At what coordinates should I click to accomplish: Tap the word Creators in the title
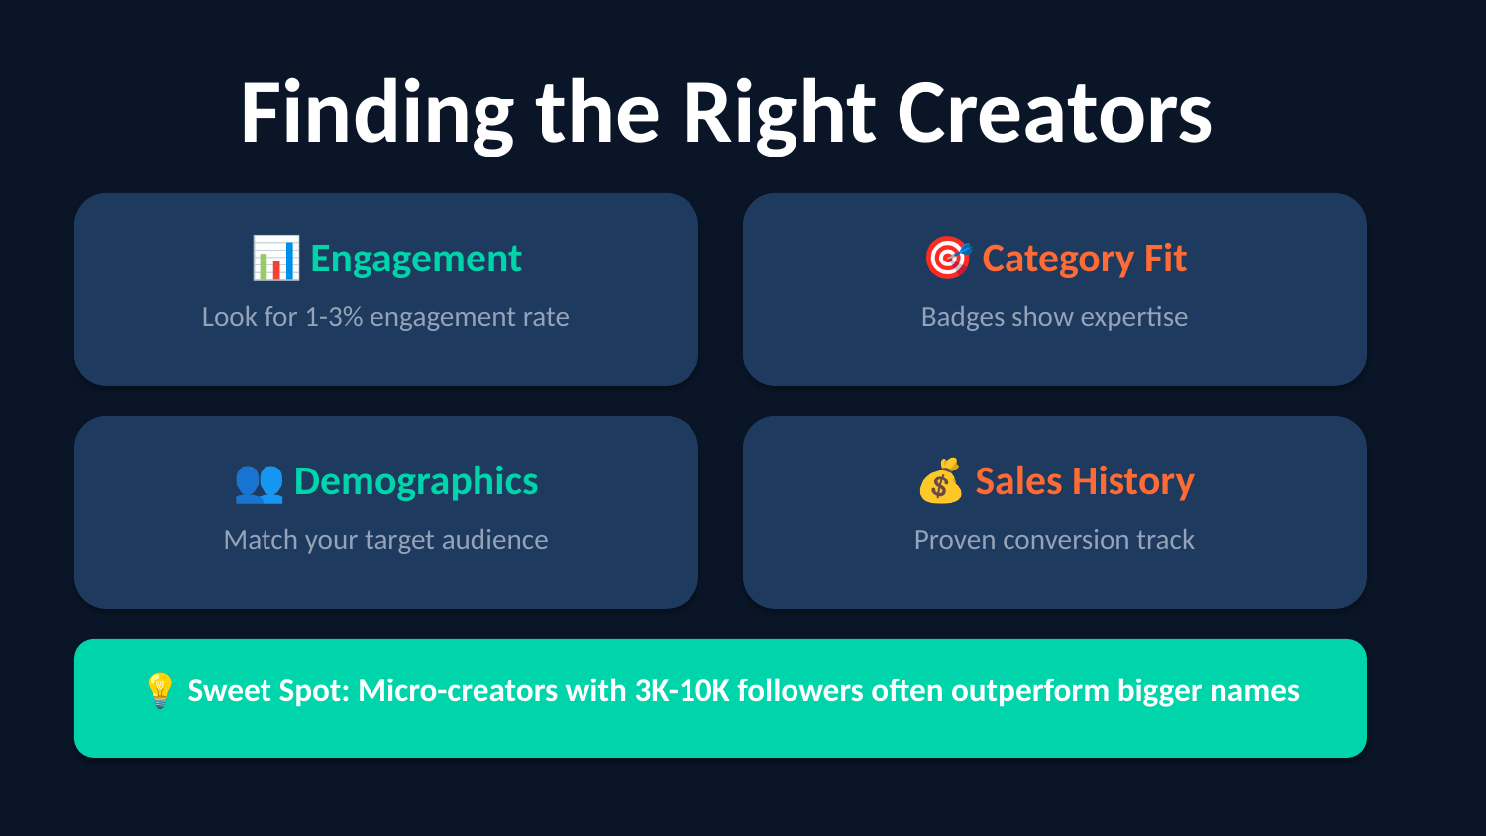[1055, 113]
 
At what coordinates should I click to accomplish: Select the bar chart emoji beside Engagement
[275, 259]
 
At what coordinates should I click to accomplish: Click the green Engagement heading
[416, 260]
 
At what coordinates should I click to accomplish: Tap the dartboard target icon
[948, 258]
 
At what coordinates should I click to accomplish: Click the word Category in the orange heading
[1058, 260]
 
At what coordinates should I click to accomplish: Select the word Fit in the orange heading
[1165, 258]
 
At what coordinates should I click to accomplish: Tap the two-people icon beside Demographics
[259, 482]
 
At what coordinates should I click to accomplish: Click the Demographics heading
[416, 482]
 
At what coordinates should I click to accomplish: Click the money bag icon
[941, 480]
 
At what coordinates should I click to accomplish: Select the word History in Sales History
[1133, 482]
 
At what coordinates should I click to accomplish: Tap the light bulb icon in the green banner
[159, 690]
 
